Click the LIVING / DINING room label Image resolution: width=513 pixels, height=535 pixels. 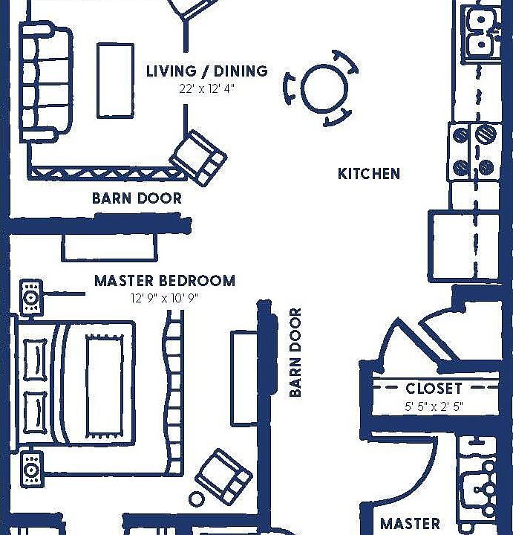[206, 71]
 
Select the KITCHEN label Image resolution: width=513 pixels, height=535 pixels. [369, 174]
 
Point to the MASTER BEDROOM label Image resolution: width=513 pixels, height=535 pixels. [165, 281]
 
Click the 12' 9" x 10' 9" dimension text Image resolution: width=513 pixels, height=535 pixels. [165, 299]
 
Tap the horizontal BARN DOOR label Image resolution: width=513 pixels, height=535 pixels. [137, 198]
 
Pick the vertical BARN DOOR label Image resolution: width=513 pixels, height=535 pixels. [295, 352]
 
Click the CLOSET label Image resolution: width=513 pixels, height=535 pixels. [434, 388]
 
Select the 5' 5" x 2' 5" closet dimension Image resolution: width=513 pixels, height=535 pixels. [434, 406]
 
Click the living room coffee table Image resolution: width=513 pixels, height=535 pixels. [115, 80]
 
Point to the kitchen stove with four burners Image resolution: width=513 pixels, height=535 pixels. [472, 152]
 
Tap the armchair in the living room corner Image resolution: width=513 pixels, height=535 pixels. [198, 157]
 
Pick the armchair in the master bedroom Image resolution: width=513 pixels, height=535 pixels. [223, 476]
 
